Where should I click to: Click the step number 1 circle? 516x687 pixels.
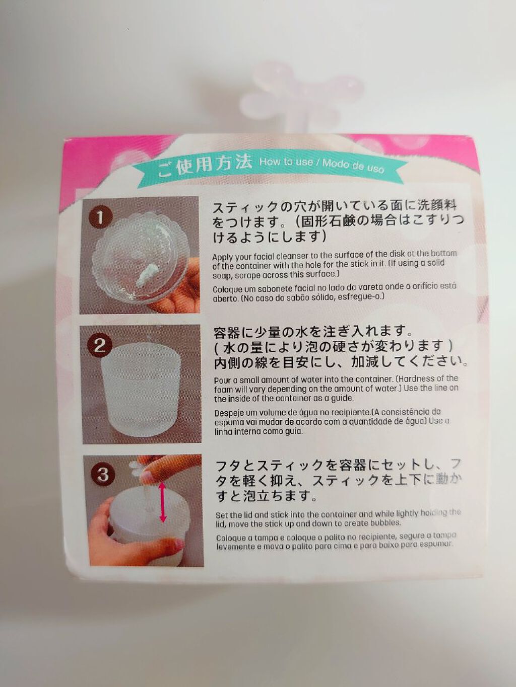point(100,217)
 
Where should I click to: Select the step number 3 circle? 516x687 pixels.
point(103,474)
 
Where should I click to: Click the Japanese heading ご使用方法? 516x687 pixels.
point(205,165)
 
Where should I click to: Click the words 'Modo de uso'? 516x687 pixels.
point(353,165)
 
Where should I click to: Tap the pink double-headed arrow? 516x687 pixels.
point(163,502)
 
